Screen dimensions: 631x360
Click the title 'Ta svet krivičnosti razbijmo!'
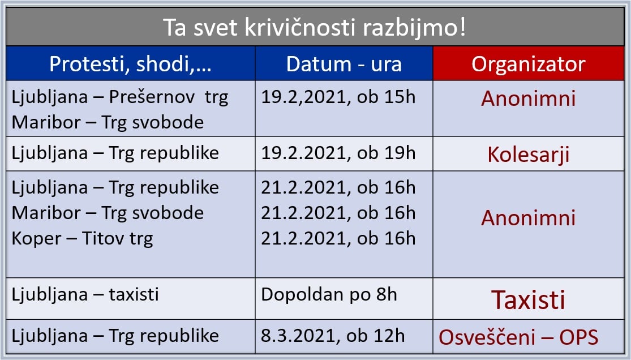314,27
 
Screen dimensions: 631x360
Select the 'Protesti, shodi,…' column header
130,64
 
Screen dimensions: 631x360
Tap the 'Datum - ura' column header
344,64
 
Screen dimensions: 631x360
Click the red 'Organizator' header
529,64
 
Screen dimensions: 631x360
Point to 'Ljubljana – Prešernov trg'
120,97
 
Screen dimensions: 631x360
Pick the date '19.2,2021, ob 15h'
338,97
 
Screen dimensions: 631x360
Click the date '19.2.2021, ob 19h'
338,153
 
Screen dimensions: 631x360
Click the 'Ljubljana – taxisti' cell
85,294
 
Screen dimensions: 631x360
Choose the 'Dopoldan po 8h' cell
329,295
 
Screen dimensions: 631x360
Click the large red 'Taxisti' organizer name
529,300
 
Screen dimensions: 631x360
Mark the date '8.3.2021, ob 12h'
332,336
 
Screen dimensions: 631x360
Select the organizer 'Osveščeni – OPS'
518,337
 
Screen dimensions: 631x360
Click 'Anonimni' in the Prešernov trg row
529,98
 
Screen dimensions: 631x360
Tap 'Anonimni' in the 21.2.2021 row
529,218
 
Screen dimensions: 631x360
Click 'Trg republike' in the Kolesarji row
164,153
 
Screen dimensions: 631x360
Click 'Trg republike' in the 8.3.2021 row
164,336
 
